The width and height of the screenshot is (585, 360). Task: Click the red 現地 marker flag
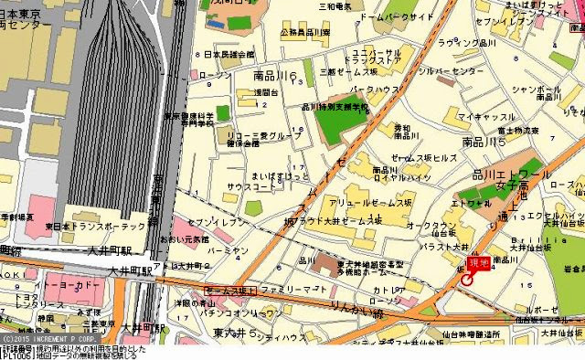478,264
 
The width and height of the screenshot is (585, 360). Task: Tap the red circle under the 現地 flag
468,280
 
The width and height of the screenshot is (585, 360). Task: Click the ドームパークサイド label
396,17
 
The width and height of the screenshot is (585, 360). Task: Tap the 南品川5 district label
485,143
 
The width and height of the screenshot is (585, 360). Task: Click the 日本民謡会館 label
223,55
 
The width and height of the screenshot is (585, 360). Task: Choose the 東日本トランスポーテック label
95,227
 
